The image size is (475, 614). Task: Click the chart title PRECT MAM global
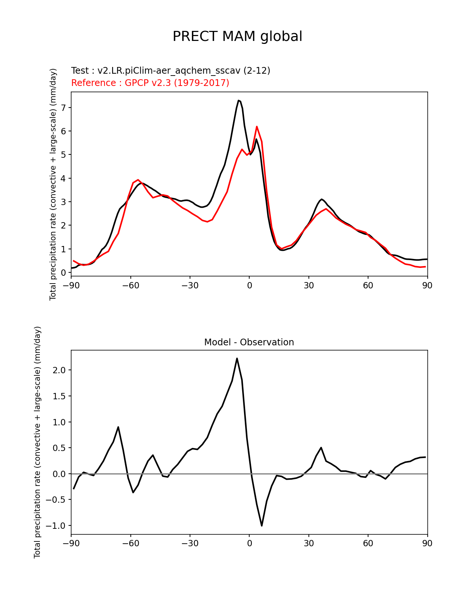[x=237, y=36]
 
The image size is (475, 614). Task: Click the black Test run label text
[x=171, y=71]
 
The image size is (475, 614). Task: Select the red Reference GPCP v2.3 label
[x=150, y=83]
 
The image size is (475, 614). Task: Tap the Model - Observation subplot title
[x=249, y=342]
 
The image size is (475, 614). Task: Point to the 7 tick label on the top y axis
[x=64, y=108]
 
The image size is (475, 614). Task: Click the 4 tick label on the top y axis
[x=64, y=178]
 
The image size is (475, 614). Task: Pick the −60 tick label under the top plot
[x=130, y=285]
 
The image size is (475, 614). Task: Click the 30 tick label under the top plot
[x=308, y=285]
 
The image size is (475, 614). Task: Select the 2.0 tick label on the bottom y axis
[x=60, y=370]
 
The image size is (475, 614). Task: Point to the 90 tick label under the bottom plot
[x=427, y=544]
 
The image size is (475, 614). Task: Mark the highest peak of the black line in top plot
[x=238, y=100]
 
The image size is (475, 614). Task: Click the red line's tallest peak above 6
[x=257, y=127]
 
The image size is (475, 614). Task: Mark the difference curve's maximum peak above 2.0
[x=237, y=359]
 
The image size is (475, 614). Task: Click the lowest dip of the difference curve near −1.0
[x=262, y=525]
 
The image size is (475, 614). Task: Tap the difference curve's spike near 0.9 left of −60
[x=118, y=427]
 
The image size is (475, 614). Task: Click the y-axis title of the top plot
[x=53, y=184]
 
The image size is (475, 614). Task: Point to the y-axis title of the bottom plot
[x=38, y=442]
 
